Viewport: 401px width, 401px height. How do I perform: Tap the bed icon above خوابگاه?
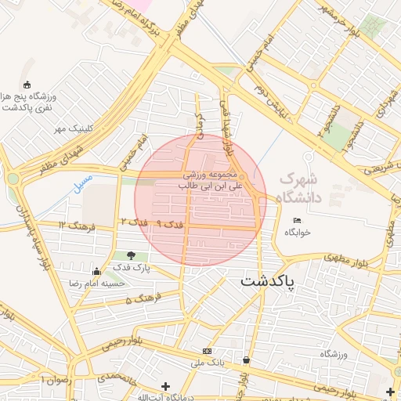[297, 220]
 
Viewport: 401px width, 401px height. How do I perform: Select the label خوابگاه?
[298, 233]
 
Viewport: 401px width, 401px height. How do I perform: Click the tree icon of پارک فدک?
[130, 255]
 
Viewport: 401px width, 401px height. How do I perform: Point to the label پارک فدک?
[130, 268]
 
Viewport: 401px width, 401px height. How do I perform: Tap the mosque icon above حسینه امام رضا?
[96, 271]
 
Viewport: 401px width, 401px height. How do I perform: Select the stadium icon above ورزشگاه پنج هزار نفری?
[28, 85]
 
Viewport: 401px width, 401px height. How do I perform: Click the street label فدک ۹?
[170, 224]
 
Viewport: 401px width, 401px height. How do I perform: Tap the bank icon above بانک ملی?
[207, 351]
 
